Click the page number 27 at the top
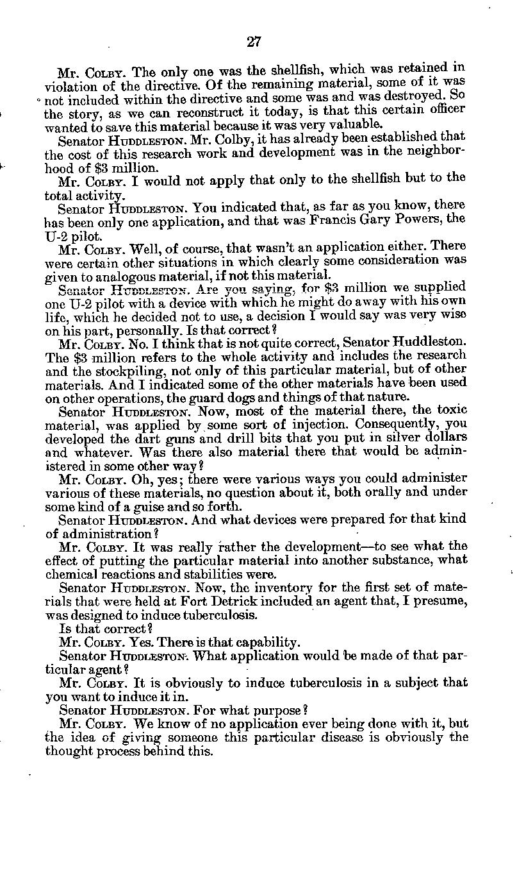[x=254, y=42]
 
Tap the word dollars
[x=446, y=437]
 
